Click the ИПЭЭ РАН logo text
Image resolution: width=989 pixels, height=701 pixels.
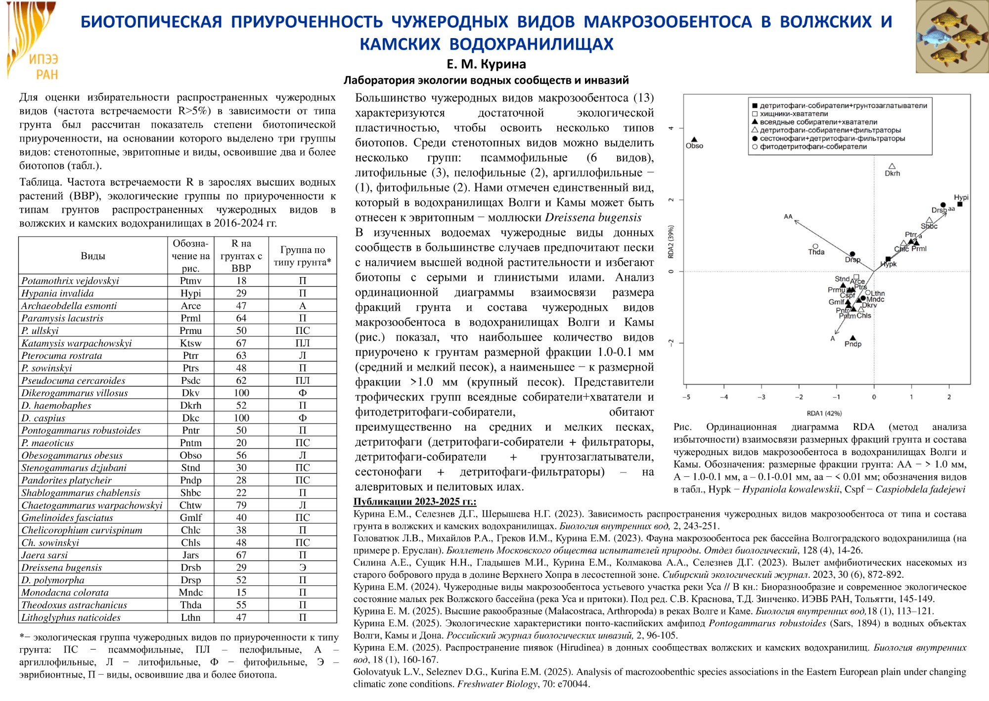[x=44, y=67]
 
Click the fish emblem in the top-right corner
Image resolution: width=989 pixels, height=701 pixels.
[x=952, y=37]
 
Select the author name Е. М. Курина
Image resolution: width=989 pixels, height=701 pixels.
[x=486, y=64]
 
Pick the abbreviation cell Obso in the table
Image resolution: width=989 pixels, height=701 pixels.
[x=190, y=455]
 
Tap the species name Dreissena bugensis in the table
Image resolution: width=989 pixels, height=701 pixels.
[x=61, y=567]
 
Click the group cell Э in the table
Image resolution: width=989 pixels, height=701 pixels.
[x=303, y=567]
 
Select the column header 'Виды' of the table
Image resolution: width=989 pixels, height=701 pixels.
[x=93, y=256]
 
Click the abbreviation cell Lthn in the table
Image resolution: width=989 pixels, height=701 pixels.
[x=190, y=617]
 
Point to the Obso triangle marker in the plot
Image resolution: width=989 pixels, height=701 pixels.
[x=694, y=140]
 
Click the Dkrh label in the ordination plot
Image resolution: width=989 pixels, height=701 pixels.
[x=893, y=174]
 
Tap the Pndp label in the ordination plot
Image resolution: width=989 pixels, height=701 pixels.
[x=853, y=344]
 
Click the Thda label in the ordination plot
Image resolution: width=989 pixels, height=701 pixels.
[x=816, y=252]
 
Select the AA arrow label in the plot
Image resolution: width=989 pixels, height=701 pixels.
[x=788, y=217]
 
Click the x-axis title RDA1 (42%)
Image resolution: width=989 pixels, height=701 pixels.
[x=824, y=414]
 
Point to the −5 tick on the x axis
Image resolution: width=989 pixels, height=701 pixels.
[x=686, y=397]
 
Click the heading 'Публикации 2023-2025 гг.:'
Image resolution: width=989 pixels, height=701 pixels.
[x=414, y=502]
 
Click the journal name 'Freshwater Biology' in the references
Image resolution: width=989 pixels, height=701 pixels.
[x=497, y=684]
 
